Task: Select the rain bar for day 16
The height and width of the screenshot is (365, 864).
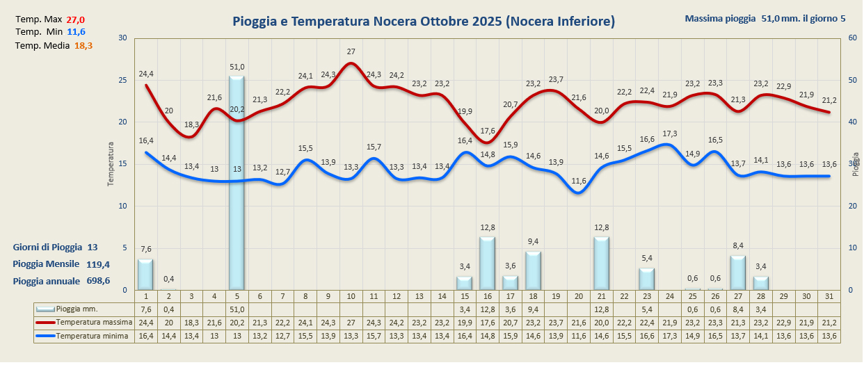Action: point(487,263)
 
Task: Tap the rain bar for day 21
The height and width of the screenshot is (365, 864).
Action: point(601,263)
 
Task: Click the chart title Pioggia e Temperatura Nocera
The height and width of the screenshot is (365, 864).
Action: point(423,22)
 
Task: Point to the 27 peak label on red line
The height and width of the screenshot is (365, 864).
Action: point(351,51)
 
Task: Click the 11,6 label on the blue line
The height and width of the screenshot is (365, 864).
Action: point(578,181)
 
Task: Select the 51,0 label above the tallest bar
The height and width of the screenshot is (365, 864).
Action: point(237,67)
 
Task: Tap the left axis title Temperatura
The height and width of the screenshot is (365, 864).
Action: point(110,164)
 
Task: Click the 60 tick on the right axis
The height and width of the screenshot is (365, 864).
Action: point(852,38)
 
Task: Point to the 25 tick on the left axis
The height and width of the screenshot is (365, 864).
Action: point(122,80)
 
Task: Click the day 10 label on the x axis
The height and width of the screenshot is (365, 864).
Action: point(351,297)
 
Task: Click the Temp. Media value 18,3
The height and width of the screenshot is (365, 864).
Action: point(83,46)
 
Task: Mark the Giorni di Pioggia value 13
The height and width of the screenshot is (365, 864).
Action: point(93,248)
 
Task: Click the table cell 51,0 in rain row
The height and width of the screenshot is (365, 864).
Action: point(237,309)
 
